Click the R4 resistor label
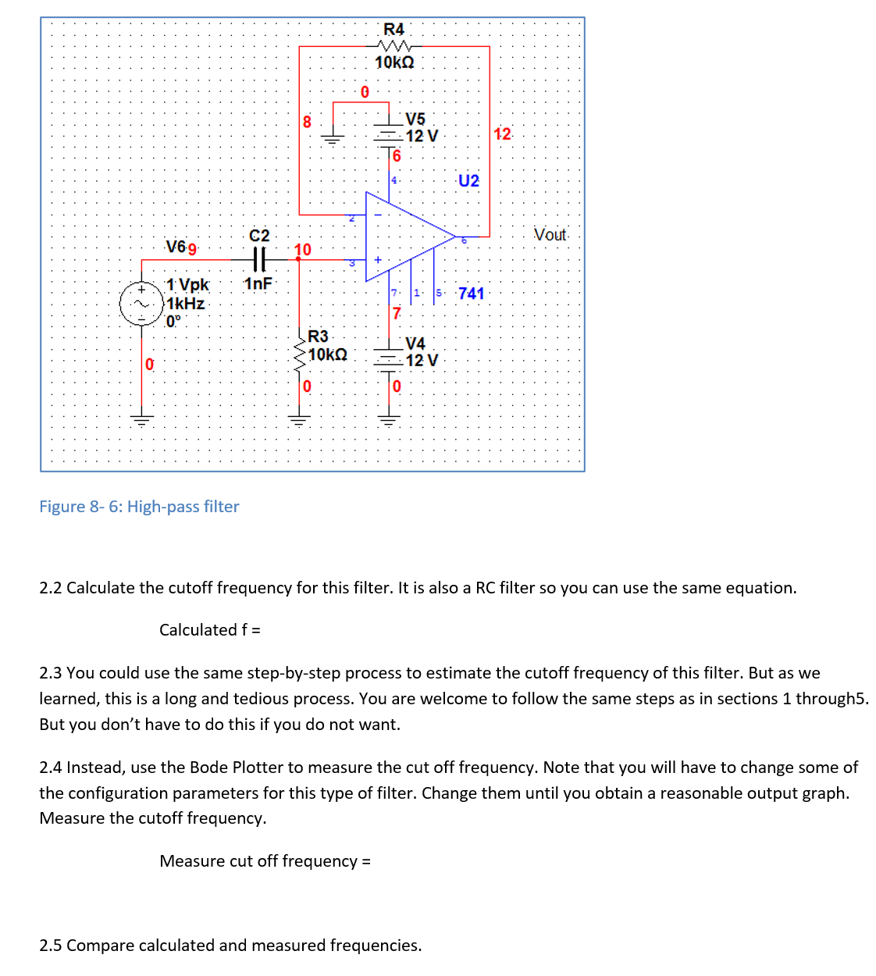pos(393,29)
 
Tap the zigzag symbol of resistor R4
pos(393,46)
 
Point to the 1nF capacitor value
pos(258,283)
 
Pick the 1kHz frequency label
pos(186,304)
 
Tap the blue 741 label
pos(471,293)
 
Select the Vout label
pos(550,234)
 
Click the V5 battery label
pos(415,119)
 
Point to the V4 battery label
pos(415,344)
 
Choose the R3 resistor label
pos(318,336)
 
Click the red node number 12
pos(502,134)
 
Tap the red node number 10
pos(302,249)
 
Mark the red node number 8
pos(307,122)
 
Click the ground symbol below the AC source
pos(141,419)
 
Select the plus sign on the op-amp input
pos(378,259)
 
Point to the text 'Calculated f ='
pos(209,630)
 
